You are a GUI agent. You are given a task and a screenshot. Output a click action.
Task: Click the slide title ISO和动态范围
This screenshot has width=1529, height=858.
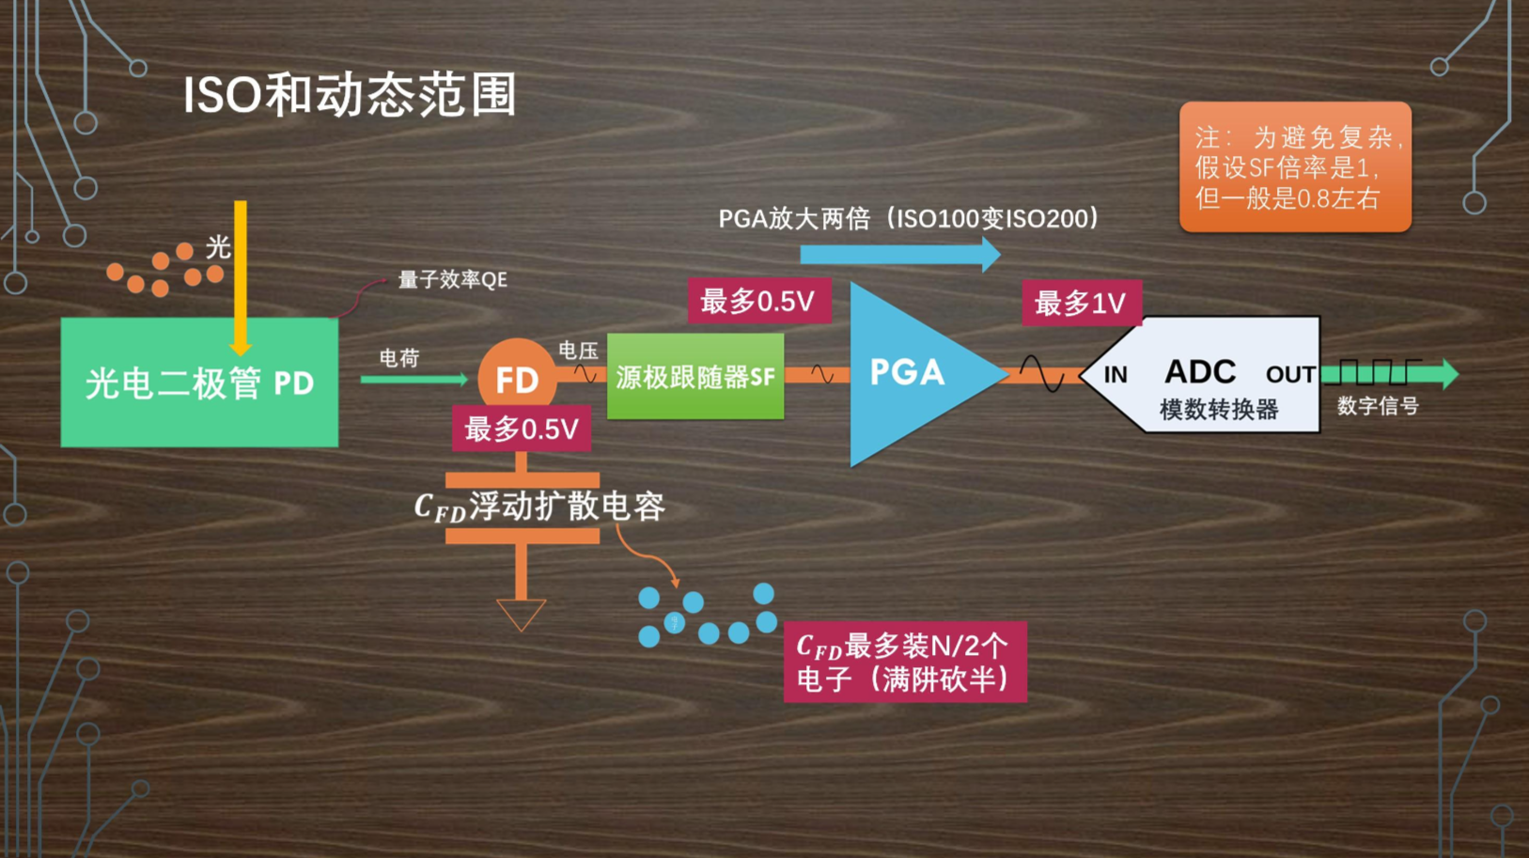pos(350,95)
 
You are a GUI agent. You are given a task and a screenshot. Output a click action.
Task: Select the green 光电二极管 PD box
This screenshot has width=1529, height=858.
pos(199,382)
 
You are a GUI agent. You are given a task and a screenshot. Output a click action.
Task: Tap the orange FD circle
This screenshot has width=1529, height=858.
pos(516,378)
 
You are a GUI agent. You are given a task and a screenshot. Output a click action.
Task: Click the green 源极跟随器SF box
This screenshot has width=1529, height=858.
pos(695,377)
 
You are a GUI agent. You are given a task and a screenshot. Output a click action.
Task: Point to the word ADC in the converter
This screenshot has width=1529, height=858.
pos(1200,372)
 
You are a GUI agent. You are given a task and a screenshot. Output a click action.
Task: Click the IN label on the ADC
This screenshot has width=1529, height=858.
pos(1116,375)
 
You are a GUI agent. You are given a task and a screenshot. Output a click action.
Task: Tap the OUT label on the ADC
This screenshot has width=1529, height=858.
pos(1289,375)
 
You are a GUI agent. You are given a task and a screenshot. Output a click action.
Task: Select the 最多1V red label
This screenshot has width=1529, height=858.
pos(1081,303)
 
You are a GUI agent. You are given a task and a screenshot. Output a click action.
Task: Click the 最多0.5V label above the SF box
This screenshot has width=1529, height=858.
pos(758,301)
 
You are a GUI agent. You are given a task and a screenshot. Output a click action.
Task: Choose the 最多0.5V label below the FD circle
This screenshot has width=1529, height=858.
pos(522,429)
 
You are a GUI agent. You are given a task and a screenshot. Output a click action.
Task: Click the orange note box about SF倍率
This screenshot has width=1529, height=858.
pos(1295,167)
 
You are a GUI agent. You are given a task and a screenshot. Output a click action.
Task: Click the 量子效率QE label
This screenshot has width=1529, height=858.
pos(452,280)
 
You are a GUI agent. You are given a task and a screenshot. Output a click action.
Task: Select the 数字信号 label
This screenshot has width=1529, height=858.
pos(1378,406)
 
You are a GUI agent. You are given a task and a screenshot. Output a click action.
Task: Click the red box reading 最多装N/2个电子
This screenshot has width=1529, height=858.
pos(905,662)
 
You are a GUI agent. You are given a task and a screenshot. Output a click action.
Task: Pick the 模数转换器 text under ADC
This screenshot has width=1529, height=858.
pos(1219,410)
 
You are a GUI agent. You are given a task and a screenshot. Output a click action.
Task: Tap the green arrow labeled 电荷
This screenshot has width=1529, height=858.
pos(413,379)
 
